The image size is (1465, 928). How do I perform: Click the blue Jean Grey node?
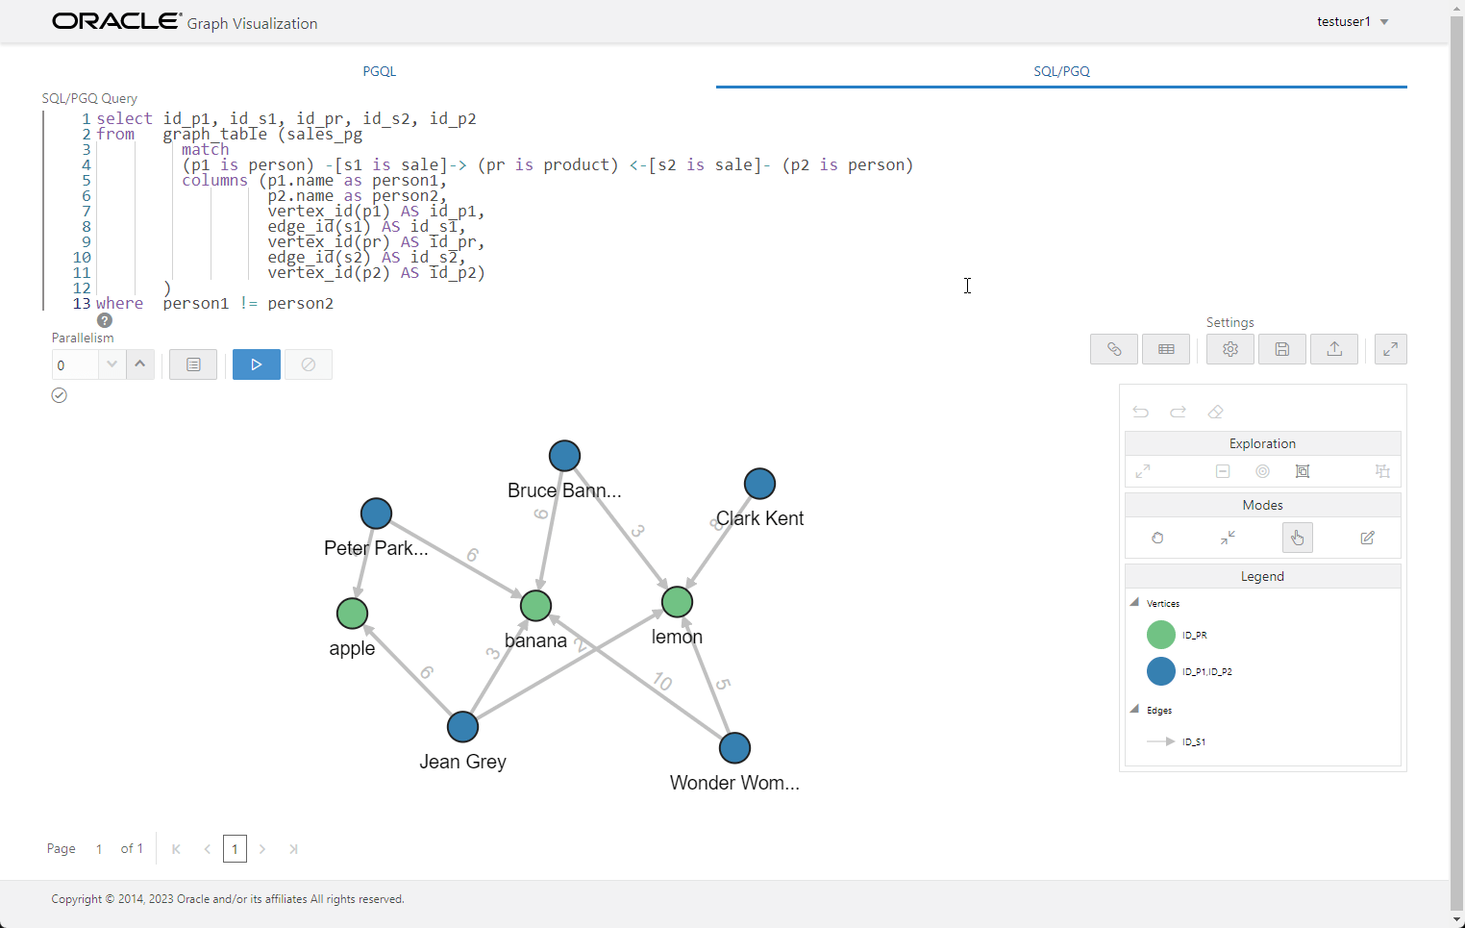pyautogui.click(x=462, y=727)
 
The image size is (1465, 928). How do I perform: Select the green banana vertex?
pyautogui.click(x=535, y=606)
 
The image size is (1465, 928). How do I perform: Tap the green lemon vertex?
pyautogui.click(x=677, y=602)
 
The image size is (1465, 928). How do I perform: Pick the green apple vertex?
pyautogui.click(x=352, y=614)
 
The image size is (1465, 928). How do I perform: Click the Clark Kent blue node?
pyautogui.click(x=759, y=484)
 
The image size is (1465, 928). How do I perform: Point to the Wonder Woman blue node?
pyautogui.click(x=734, y=748)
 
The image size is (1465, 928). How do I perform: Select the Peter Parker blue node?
pyautogui.click(x=376, y=514)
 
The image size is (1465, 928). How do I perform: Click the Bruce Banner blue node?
pyautogui.click(x=564, y=456)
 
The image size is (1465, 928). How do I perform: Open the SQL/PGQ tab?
pyautogui.click(x=1061, y=71)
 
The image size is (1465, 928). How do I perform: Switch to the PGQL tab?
pyautogui.click(x=380, y=71)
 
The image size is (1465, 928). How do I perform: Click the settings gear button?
pyautogui.click(x=1229, y=349)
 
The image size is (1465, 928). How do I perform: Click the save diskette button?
pyautogui.click(x=1281, y=349)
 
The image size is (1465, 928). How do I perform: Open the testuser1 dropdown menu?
pyautogui.click(x=1353, y=22)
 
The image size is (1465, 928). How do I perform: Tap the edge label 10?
pyautogui.click(x=662, y=682)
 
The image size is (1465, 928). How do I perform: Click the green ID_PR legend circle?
pyautogui.click(x=1161, y=635)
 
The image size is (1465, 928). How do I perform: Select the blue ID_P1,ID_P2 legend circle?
pyautogui.click(x=1161, y=671)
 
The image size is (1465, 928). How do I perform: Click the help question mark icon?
pyautogui.click(x=105, y=320)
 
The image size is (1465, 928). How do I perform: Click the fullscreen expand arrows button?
pyautogui.click(x=1390, y=349)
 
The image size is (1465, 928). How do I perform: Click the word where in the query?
pyautogui.click(x=119, y=304)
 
